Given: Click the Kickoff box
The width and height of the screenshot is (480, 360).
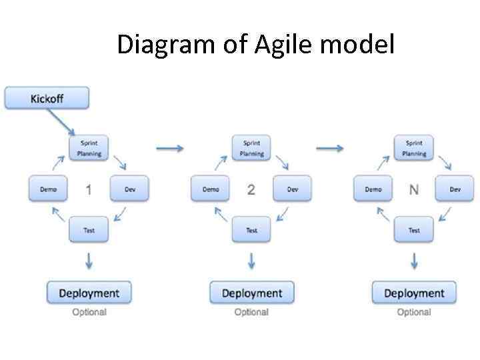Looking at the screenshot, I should [47, 99].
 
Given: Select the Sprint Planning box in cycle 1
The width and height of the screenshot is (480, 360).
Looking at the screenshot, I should [89, 148].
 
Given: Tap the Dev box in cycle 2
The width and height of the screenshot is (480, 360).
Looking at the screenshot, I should [292, 189].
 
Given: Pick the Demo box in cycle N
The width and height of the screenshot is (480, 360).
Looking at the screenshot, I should [373, 189].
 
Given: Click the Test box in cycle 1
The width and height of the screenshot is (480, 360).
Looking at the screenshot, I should [89, 231].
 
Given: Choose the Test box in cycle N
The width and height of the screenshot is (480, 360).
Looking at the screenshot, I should [414, 231].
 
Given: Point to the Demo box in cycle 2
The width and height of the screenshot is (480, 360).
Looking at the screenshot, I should [211, 189].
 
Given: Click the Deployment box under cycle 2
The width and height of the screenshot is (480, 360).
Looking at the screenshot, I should [251, 293].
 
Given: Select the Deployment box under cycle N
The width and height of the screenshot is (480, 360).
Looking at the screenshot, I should [414, 293].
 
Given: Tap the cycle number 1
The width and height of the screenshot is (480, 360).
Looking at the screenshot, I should [89, 190].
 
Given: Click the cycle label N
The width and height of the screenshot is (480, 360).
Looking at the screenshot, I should [414, 190].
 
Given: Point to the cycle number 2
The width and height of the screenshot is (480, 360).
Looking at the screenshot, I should [251, 190].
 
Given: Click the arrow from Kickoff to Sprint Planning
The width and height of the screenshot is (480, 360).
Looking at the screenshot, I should [61, 123].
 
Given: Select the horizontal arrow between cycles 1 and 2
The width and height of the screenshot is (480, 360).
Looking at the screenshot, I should [169, 148].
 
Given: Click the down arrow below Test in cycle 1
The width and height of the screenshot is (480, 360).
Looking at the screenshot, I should [89, 261].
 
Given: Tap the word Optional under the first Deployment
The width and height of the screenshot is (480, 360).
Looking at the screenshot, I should [89, 312].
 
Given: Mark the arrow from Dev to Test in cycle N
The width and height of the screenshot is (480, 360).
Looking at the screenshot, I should [445, 214].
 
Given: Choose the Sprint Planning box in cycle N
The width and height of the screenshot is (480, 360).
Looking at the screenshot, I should [414, 148].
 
